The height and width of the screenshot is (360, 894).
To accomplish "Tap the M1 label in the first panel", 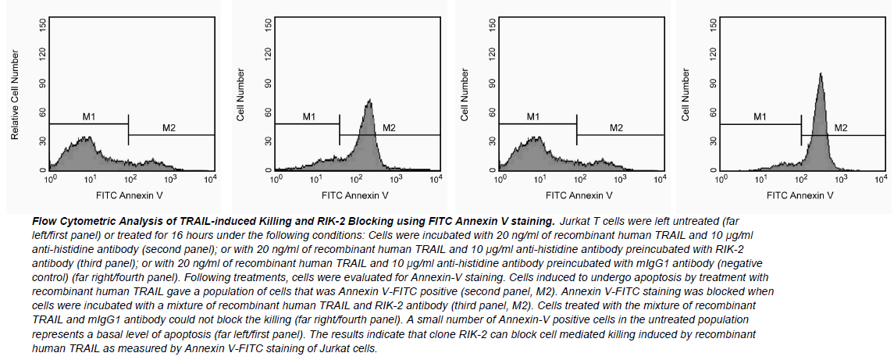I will click(89, 117).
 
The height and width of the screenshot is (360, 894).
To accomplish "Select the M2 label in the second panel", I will click(390, 128).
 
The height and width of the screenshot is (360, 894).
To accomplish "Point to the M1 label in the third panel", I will click(533, 117).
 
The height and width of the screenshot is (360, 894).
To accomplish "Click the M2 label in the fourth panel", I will click(841, 128).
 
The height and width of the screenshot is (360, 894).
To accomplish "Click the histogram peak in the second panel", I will click(370, 102).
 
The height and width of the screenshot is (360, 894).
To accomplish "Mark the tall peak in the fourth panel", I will click(821, 75).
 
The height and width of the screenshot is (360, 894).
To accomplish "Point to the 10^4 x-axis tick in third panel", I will click(659, 180).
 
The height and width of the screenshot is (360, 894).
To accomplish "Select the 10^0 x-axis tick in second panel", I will click(275, 180).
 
